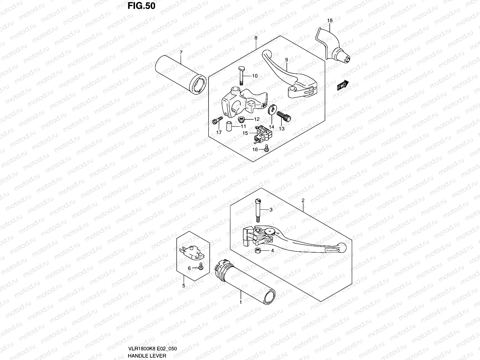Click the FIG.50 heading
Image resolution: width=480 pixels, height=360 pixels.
pos(141,6)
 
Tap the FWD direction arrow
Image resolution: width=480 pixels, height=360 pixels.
pos(343,85)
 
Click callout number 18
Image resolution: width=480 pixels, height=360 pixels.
pos(330,20)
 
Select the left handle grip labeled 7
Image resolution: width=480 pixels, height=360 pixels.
pos(181,75)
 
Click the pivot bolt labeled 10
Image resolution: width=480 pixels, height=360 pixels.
pos(241,76)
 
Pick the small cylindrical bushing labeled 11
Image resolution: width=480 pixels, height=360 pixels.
pos(229,126)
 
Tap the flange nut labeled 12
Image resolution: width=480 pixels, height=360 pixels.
pos(241,119)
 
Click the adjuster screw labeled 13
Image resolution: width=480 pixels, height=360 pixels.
pos(284,116)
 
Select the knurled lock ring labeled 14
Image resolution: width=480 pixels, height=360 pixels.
pos(272,109)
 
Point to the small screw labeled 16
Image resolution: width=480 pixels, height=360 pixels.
pos(266,148)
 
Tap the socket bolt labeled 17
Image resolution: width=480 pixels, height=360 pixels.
pos(217,120)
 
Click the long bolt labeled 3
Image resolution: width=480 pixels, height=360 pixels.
pos(258,210)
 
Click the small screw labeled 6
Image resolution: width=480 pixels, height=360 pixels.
pos(201,267)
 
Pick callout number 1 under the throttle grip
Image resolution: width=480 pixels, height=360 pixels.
pos(241,302)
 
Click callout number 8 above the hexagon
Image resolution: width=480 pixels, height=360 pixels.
pos(256,38)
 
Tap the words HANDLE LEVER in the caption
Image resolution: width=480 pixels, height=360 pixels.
pos(147,356)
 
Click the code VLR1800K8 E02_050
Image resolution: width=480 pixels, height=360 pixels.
pos(152,349)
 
